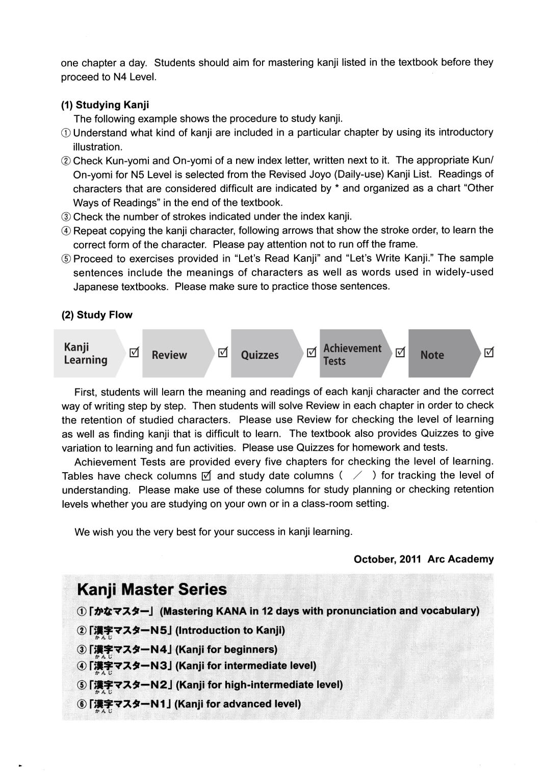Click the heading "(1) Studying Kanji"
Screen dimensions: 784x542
pyautogui.click(x=105, y=105)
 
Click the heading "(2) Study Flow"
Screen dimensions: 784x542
pyautogui.click(x=97, y=315)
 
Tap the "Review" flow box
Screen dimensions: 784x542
pyautogui.click(x=169, y=355)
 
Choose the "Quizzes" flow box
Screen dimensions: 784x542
pyautogui.click(x=260, y=355)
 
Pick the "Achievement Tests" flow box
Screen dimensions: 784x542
pyautogui.click(x=352, y=354)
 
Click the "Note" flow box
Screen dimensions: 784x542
pyautogui.click(x=432, y=355)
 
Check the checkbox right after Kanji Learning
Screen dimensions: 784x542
pyautogui.click(x=134, y=352)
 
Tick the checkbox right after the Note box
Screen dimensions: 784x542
pyautogui.click(x=488, y=352)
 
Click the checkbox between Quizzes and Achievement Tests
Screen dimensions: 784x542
pyautogui.click(x=312, y=352)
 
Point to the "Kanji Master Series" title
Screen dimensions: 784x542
pyautogui.click(x=151, y=590)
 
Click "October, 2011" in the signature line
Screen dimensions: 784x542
pyautogui.click(x=387, y=559)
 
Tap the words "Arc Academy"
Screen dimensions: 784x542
pyautogui.click(x=460, y=559)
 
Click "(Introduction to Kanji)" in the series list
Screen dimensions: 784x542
pyautogui.click(x=230, y=630)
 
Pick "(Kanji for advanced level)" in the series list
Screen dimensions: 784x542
pyautogui.click(x=238, y=704)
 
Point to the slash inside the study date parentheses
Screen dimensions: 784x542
pyautogui.click(x=357, y=476)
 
